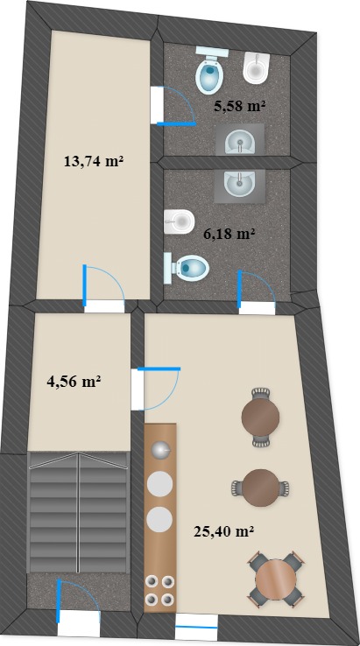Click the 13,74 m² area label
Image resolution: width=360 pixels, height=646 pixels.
[x=94, y=161]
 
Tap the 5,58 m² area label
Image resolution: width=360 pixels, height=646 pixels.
[x=239, y=106]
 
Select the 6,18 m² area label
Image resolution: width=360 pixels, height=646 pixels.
[x=229, y=234]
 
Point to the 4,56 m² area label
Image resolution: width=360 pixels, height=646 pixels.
[x=74, y=382]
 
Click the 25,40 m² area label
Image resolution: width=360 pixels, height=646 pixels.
[x=223, y=531]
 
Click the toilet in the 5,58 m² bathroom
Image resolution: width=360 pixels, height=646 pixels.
[x=212, y=70]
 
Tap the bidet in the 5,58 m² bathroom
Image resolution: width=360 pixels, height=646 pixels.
[x=257, y=68]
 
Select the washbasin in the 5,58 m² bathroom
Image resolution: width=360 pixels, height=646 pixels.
[x=240, y=140]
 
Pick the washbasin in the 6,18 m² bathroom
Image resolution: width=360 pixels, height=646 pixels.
[x=240, y=186]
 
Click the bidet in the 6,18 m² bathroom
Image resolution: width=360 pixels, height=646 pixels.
[x=180, y=221]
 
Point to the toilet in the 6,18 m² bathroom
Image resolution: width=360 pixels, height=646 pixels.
[x=187, y=268]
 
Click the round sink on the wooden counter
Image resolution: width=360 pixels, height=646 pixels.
[x=160, y=449]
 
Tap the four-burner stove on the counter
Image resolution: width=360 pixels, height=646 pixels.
[x=160, y=590]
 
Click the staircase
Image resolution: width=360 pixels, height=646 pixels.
[x=78, y=512]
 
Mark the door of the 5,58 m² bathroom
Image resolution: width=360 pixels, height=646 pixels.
[x=173, y=105]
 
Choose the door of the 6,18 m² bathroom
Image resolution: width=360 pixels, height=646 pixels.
[x=257, y=291]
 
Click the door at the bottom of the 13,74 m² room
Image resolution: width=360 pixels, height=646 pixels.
[x=104, y=287]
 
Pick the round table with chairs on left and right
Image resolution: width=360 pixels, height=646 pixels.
[x=261, y=488]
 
